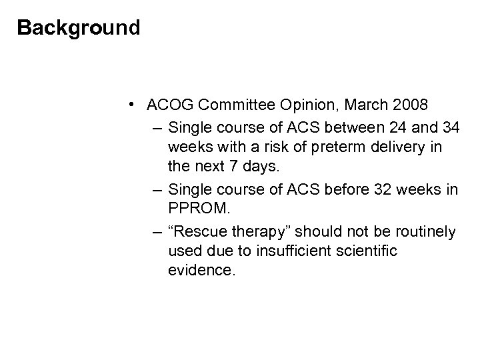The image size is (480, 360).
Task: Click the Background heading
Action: [x=79, y=28]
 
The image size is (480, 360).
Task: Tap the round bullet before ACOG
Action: [x=134, y=105]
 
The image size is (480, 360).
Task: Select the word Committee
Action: [x=231, y=105]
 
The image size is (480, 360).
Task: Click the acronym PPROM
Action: [x=199, y=210]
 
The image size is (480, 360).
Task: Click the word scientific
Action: [x=387, y=252]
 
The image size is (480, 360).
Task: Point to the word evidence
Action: [x=202, y=273]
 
